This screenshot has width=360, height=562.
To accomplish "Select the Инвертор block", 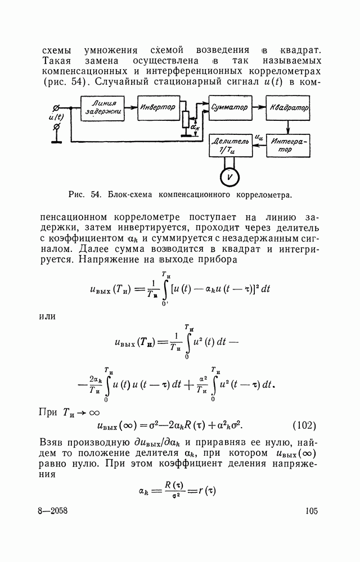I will point(158,107).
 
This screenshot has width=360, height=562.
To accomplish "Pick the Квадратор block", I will point(287,107).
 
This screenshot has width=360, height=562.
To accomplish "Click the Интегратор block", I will point(287,146).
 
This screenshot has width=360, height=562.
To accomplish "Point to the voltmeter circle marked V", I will point(228,176).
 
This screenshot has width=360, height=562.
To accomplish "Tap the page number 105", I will point(311,511).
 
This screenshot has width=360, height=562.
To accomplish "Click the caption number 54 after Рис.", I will point(94,196).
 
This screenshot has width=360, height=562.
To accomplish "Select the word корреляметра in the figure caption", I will point(260,196).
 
